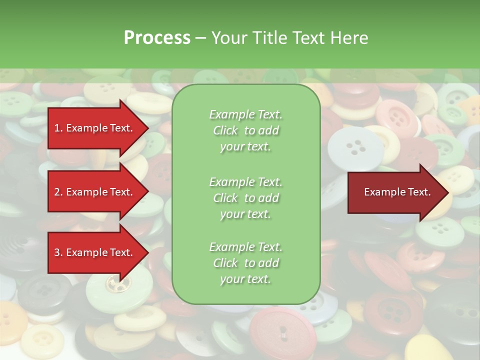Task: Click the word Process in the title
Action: click(x=157, y=38)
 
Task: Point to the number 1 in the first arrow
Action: click(x=57, y=128)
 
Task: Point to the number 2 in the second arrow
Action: click(x=57, y=192)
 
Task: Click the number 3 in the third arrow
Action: click(x=57, y=252)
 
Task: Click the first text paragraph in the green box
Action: click(x=245, y=130)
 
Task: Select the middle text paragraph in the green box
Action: click(x=245, y=197)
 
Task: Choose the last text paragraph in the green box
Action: click(x=245, y=263)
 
